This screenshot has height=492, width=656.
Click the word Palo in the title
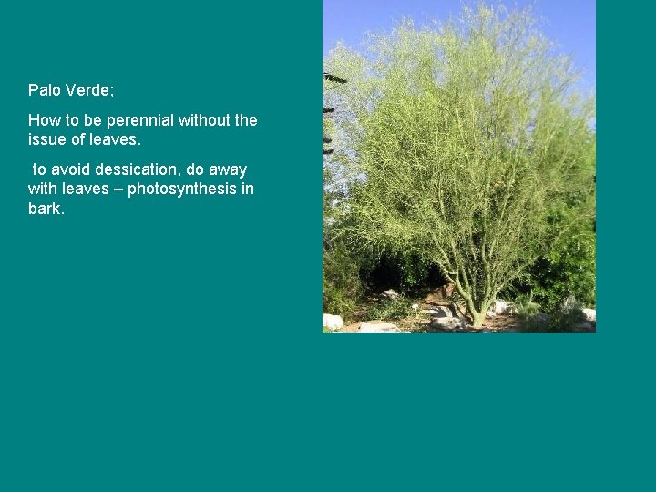click(x=45, y=90)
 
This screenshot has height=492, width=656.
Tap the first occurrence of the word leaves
click(x=115, y=139)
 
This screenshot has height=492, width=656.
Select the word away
click(x=228, y=169)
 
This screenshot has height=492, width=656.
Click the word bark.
click(x=46, y=209)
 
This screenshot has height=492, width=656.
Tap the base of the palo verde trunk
click(x=477, y=321)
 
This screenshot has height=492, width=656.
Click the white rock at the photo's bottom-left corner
click(x=333, y=321)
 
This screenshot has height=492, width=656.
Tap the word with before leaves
click(x=42, y=189)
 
